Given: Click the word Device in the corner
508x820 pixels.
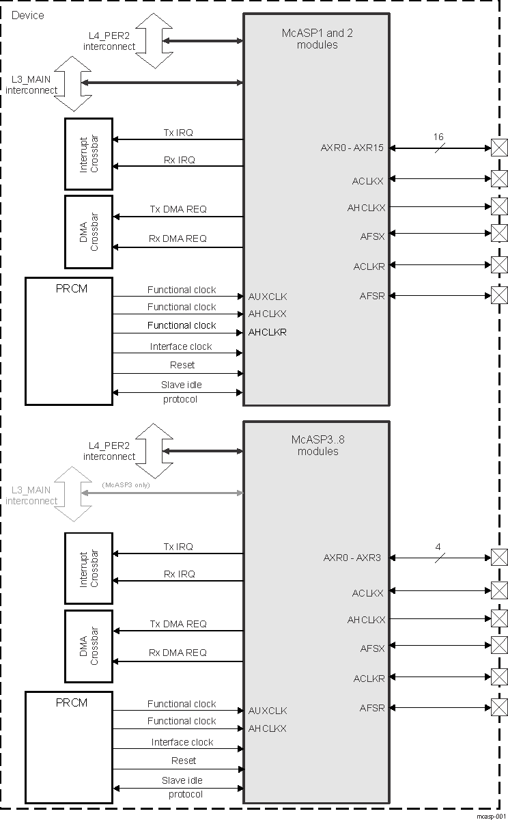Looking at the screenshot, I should [x=28, y=15].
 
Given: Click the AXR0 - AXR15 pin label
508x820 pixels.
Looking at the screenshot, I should [x=352, y=148].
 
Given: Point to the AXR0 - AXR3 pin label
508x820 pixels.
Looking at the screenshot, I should [x=352, y=558].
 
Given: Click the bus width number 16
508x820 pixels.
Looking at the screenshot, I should [x=438, y=137].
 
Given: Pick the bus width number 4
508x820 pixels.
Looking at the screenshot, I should [x=438, y=547].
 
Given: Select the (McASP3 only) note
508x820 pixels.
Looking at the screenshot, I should [x=125, y=484].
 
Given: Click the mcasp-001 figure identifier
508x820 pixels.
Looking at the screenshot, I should [x=490, y=815].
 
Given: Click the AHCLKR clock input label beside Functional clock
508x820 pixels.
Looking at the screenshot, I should [x=267, y=332].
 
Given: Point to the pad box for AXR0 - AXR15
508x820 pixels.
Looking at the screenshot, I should [x=500, y=147].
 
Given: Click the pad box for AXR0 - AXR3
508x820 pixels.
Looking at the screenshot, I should [x=500, y=558].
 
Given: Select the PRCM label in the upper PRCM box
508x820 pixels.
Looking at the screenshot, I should [x=72, y=288].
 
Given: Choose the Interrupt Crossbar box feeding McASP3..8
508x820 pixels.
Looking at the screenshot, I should [x=89, y=568].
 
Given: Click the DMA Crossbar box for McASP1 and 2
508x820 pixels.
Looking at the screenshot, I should [x=89, y=232].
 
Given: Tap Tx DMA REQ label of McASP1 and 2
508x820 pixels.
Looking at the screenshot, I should [x=178, y=209].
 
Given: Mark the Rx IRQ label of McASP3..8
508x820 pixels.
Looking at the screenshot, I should [x=179, y=574].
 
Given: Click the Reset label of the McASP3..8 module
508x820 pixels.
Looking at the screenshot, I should [x=183, y=761].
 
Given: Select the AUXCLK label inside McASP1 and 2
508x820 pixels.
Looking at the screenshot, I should [x=268, y=297].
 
